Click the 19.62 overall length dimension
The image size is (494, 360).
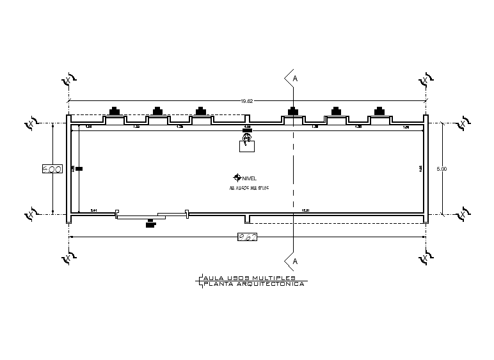247,100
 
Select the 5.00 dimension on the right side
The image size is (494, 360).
442,169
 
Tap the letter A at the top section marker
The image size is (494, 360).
295,79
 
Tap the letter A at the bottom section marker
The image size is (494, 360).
295,262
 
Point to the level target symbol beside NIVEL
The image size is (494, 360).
237,178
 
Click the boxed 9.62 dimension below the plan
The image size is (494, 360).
247,237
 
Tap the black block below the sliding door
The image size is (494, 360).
151,224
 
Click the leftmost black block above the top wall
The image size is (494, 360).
114,110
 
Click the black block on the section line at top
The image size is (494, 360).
293,110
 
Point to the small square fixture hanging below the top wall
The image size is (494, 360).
246,146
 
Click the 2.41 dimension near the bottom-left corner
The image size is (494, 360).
93,210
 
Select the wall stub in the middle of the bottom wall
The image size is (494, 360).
247,219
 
